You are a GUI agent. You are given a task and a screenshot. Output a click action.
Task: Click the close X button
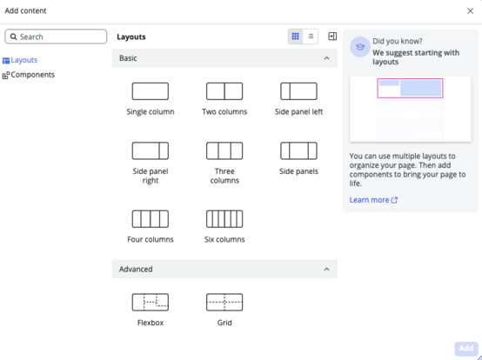[470, 11]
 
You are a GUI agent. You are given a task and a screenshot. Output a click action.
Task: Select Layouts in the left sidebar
[20, 60]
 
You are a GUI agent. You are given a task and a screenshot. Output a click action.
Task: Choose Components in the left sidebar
[29, 75]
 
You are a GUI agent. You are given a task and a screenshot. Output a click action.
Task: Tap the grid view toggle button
[296, 37]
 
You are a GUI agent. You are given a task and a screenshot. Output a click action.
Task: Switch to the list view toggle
[311, 37]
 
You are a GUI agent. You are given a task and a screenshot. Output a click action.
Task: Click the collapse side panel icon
[332, 37]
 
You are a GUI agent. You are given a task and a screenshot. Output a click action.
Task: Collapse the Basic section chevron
[326, 58]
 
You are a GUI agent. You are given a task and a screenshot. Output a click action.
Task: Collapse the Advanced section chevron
[326, 269]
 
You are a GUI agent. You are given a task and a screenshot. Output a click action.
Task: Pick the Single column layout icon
[151, 91]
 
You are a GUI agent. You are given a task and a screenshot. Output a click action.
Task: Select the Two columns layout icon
[224, 91]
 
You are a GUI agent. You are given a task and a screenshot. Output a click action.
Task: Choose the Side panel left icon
[298, 91]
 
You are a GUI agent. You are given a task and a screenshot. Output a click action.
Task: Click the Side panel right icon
[151, 150]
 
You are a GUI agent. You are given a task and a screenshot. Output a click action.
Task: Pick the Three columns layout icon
[224, 150]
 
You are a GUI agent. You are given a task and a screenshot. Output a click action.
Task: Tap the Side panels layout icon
[298, 150]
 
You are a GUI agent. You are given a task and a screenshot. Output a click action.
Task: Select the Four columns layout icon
[151, 219]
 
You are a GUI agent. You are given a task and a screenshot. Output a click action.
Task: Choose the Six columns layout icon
[224, 219]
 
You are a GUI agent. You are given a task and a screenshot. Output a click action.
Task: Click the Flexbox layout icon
[151, 303]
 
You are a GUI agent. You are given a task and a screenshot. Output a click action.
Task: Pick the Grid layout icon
[224, 303]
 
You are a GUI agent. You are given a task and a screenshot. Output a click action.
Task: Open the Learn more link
[373, 200]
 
